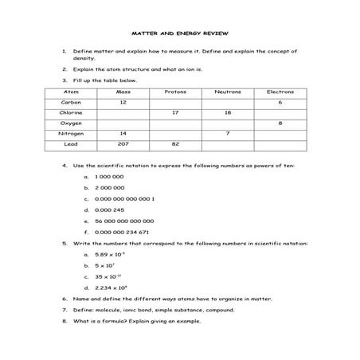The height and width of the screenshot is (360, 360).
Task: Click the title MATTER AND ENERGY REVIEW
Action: pos(180,34)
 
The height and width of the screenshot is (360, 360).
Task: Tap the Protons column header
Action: pos(175,92)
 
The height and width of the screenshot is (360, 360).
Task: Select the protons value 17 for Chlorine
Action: pos(175,113)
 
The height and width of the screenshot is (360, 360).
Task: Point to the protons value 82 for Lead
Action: pos(175,144)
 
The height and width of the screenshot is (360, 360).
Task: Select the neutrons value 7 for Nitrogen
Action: pos(228,134)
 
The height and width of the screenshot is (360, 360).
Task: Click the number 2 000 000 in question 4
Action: pos(109,186)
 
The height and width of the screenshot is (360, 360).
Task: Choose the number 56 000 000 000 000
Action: pos(123,221)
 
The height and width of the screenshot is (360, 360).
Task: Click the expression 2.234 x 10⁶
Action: pos(111,287)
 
